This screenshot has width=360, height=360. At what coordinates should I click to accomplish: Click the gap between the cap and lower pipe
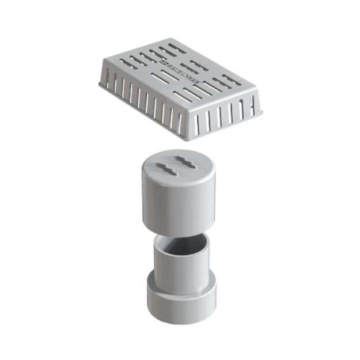(x=179, y=233)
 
